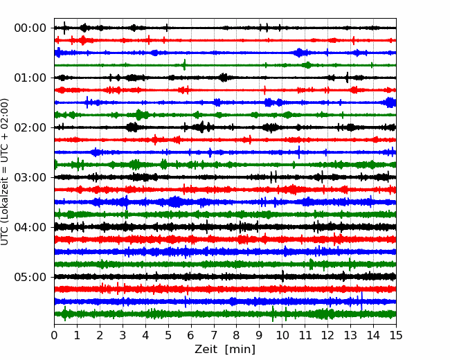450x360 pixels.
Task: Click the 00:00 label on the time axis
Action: pos(30,28)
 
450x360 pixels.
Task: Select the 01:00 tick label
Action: pos(30,78)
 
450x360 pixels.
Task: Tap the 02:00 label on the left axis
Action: pos(30,127)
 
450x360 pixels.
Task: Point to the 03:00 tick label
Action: pos(30,177)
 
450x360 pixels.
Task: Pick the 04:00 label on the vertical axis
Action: pos(30,227)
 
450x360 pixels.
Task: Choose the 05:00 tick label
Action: pos(30,277)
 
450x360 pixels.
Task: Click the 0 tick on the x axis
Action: pos(54,335)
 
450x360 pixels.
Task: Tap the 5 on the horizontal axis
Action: pos(168,335)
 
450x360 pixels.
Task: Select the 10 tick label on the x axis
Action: pos(282,335)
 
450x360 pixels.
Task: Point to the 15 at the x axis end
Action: pos(396,335)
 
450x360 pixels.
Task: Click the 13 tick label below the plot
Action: pos(350,335)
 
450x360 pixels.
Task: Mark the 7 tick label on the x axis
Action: pos(214,335)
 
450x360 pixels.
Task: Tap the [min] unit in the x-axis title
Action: pos(240,350)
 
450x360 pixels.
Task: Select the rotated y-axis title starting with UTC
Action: pos(4,172)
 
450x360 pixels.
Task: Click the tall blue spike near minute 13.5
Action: pos(361,301)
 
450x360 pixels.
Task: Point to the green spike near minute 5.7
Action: pos(184,64)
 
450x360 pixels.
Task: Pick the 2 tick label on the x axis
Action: pos(100,335)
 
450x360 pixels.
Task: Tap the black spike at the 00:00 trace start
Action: pos(64,28)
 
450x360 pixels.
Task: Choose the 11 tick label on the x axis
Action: pos(305,335)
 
